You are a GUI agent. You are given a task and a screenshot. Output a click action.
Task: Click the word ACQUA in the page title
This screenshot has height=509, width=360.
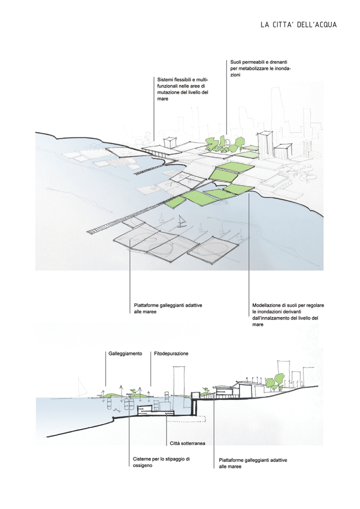pyautogui.click(x=325, y=24)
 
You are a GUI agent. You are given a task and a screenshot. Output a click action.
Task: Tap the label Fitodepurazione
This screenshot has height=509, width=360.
pyautogui.click(x=171, y=353)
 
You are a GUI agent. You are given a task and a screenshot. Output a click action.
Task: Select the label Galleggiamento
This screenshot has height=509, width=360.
pyautogui.click(x=125, y=353)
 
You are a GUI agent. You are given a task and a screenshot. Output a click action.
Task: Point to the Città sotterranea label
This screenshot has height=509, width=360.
pyautogui.click(x=187, y=443)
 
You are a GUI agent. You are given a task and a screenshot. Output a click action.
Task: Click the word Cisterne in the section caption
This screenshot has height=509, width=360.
pyautogui.click(x=142, y=459)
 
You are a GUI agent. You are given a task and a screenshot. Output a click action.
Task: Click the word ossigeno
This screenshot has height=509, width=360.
pyautogui.click(x=142, y=465)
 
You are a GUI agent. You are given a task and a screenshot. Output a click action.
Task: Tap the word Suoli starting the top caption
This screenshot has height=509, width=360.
pyautogui.click(x=236, y=61)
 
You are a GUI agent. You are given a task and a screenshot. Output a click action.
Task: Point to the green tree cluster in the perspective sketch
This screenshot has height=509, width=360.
pyautogui.click(x=224, y=144)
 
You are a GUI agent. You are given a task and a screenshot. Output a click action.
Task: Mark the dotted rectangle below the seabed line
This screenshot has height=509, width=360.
pyautogui.click(x=186, y=419)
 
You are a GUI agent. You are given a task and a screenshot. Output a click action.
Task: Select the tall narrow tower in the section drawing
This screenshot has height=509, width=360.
pyautogui.click(x=179, y=380)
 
